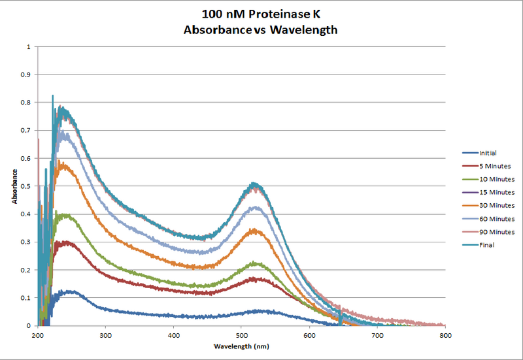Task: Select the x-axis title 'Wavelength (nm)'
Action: [241, 344]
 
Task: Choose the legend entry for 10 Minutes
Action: [488, 179]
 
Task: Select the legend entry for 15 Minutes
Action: [488, 192]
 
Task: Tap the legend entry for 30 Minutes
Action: [488, 206]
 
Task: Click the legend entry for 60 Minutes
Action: [488, 219]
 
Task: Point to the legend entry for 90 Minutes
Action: [488, 232]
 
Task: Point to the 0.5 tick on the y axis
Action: [27, 186]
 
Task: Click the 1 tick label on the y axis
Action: [28, 47]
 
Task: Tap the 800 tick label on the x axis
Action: [445, 334]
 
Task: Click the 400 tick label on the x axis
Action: [174, 334]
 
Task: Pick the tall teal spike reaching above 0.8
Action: [52, 96]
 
